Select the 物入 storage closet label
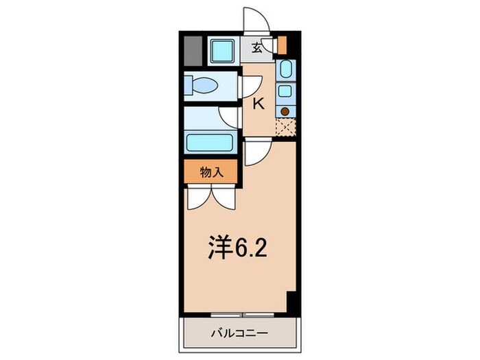211,173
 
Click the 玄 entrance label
256,47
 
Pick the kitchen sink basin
285,69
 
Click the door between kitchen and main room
257,152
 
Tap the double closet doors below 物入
211,197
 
